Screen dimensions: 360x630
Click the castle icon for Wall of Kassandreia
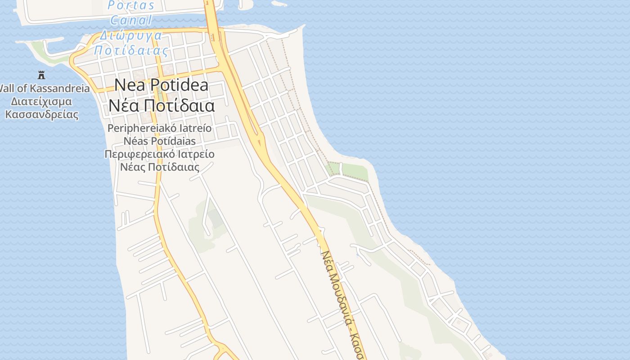[41, 75]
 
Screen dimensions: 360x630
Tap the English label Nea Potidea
[161, 85]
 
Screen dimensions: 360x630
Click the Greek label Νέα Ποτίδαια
[161, 106]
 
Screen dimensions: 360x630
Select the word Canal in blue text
[131, 20]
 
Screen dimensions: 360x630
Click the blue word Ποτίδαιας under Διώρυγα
[131, 50]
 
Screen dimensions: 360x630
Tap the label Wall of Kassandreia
[45, 88]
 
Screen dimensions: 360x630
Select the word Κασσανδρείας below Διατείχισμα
[41, 114]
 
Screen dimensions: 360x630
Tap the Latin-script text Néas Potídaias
[160, 141]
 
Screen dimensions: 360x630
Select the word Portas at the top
[131, 6]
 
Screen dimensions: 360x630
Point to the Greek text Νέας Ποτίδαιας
[160, 167]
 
